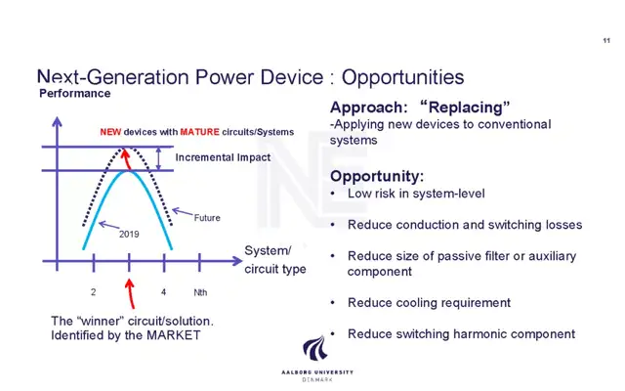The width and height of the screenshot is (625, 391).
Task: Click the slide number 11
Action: (606, 40)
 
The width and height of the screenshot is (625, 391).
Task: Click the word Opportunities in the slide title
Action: (402, 77)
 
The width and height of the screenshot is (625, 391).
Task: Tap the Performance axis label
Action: (74, 94)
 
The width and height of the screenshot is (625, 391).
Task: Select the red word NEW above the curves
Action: (110, 132)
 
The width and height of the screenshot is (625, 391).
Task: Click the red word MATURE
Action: (199, 132)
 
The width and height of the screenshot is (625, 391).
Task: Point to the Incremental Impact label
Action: (223, 157)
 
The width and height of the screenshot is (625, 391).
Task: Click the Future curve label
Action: (207, 218)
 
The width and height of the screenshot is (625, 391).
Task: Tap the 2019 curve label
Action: (129, 235)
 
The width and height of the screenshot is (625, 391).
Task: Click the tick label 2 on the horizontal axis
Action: (94, 292)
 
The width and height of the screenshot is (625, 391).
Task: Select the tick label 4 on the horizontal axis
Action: (163, 292)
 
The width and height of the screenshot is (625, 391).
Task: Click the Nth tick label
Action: (200, 292)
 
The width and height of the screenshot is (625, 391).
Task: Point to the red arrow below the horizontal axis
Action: (130, 293)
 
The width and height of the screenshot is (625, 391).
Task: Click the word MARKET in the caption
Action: (174, 335)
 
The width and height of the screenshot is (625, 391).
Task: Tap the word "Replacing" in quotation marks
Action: (465, 108)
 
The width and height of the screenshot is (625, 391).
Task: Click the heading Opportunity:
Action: (377, 176)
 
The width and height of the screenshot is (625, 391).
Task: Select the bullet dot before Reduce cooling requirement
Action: (333, 303)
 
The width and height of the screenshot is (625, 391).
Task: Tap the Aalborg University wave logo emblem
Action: (315, 349)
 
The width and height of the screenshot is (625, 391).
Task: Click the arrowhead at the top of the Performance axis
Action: (57, 121)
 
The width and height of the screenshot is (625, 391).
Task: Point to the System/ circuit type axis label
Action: (275, 260)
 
